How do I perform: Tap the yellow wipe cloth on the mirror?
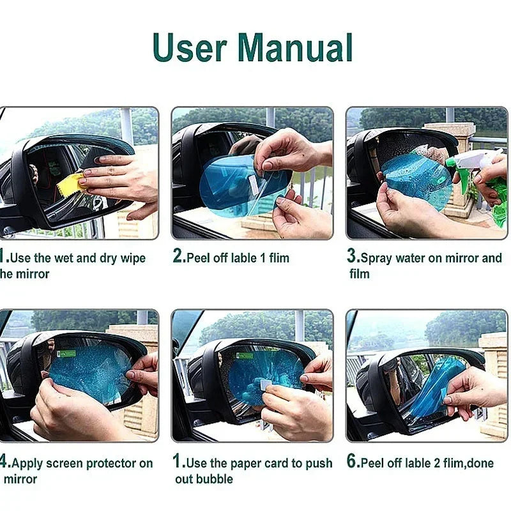tap(70, 183)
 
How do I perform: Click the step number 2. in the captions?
tap(179, 257)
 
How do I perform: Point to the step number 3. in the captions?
tap(353, 257)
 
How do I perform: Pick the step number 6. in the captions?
tap(353, 462)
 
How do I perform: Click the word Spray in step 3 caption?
tap(378, 258)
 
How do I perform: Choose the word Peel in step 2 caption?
tap(199, 258)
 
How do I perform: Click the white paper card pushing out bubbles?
tap(263, 386)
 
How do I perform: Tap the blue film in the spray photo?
tap(415, 179)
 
